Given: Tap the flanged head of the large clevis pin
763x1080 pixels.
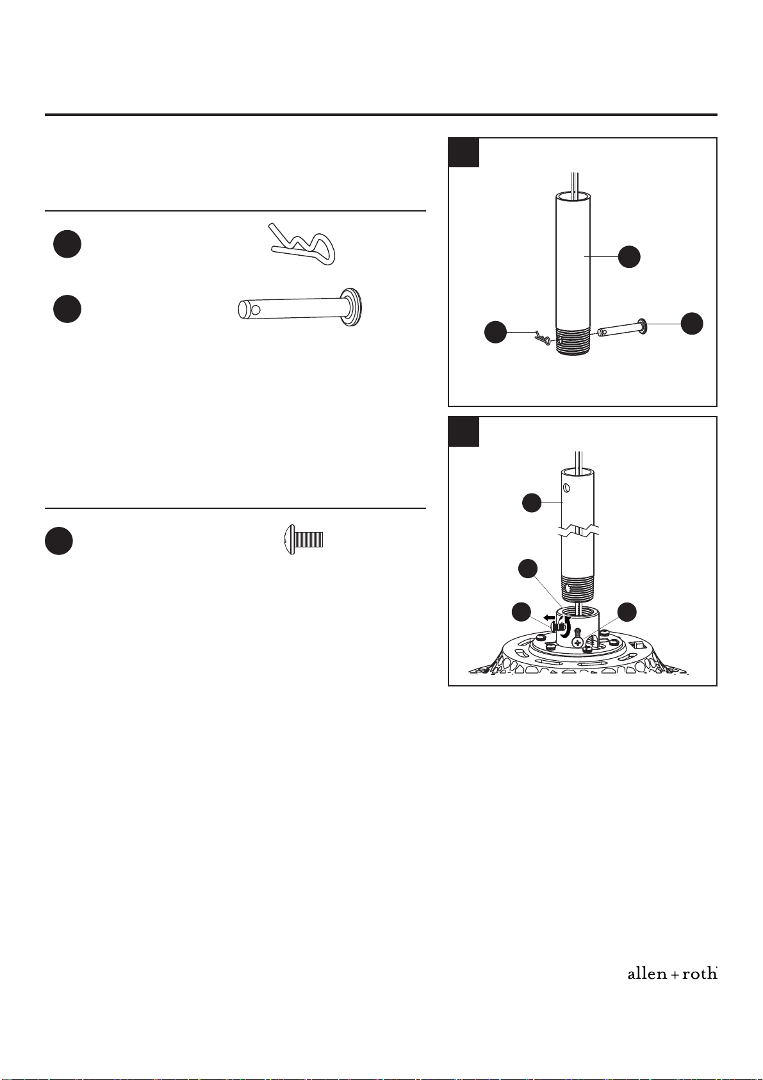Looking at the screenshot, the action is pos(351,308).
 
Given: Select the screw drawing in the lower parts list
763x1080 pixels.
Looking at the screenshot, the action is pos(302,540).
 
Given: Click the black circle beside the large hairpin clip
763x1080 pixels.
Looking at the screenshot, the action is pos(67,244).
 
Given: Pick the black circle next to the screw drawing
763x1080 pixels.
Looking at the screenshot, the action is pos(59,541).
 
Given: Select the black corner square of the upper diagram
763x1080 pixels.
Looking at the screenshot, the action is pos(464,153).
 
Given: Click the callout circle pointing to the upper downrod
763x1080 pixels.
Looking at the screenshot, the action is pos(629,256).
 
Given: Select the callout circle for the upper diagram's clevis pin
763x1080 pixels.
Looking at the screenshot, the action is pos(692,323).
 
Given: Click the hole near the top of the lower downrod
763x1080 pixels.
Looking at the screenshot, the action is pos(567,488).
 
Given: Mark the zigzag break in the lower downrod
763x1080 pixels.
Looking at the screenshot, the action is pos(578,532).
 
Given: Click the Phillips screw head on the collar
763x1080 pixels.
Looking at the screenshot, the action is pos(577,643).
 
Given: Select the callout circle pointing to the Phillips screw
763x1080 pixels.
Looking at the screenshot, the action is pos(627,612).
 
